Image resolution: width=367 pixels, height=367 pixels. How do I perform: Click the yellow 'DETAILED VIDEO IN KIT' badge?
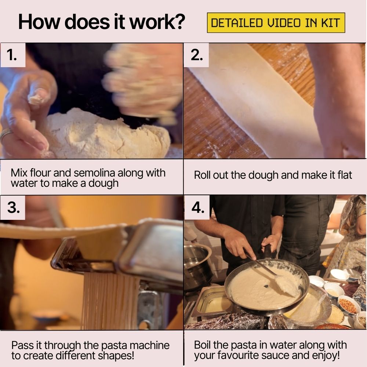click(x=276, y=23)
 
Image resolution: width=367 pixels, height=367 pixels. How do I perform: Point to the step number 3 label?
click(x=13, y=207)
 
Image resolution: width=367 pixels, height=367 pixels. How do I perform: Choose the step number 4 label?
click(x=197, y=207)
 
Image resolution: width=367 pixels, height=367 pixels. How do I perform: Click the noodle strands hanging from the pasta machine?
click(x=110, y=301)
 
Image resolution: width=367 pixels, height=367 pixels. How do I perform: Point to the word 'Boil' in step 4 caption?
click(x=203, y=345)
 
